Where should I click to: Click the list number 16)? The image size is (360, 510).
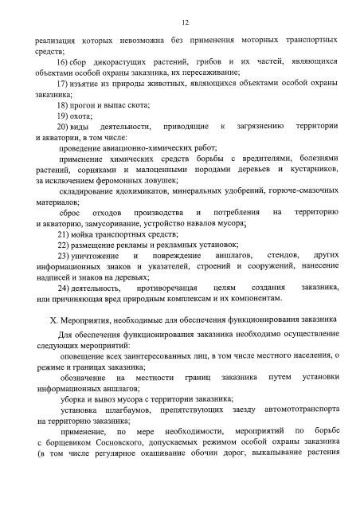tap(65, 61)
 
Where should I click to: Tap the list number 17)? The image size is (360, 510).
tap(65, 84)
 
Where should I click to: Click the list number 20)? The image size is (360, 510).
tap(65, 127)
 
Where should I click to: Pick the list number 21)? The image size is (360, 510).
tap(65, 234)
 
